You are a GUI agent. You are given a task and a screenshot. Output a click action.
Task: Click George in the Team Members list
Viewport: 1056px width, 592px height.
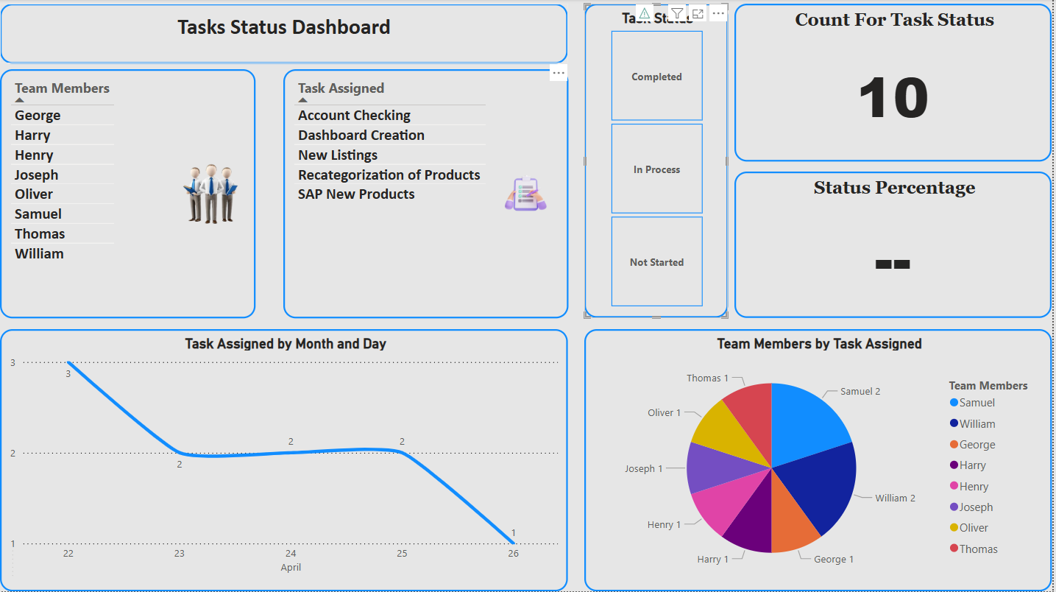38,116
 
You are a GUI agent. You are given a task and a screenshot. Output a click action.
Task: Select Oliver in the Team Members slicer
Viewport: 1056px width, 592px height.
34,194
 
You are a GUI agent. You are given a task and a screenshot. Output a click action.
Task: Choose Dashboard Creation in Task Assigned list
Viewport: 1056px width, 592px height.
361,135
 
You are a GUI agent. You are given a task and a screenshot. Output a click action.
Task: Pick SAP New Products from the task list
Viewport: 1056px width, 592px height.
356,194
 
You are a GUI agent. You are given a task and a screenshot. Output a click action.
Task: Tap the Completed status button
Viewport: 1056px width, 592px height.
656,77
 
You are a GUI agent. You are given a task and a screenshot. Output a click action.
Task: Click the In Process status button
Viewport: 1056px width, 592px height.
656,169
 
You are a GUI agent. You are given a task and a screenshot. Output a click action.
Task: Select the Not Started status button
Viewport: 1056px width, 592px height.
656,262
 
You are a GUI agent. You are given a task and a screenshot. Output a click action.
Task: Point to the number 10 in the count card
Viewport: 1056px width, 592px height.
893,99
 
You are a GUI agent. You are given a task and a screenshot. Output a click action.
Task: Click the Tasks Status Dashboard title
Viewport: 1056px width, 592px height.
284,28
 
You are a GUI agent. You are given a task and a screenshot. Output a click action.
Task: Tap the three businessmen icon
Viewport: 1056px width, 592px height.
210,194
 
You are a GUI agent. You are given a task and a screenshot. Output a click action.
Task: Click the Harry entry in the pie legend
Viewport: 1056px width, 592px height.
972,465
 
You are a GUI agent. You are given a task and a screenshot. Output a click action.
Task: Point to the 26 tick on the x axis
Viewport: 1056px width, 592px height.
513,554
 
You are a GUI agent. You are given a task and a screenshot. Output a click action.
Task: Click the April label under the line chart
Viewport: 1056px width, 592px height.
291,568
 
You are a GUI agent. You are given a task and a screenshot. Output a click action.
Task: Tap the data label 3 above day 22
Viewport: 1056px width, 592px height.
68,374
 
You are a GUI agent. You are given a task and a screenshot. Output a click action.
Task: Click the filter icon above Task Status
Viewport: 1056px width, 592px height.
677,14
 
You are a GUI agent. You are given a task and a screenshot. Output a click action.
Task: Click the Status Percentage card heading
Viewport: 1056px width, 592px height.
894,188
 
